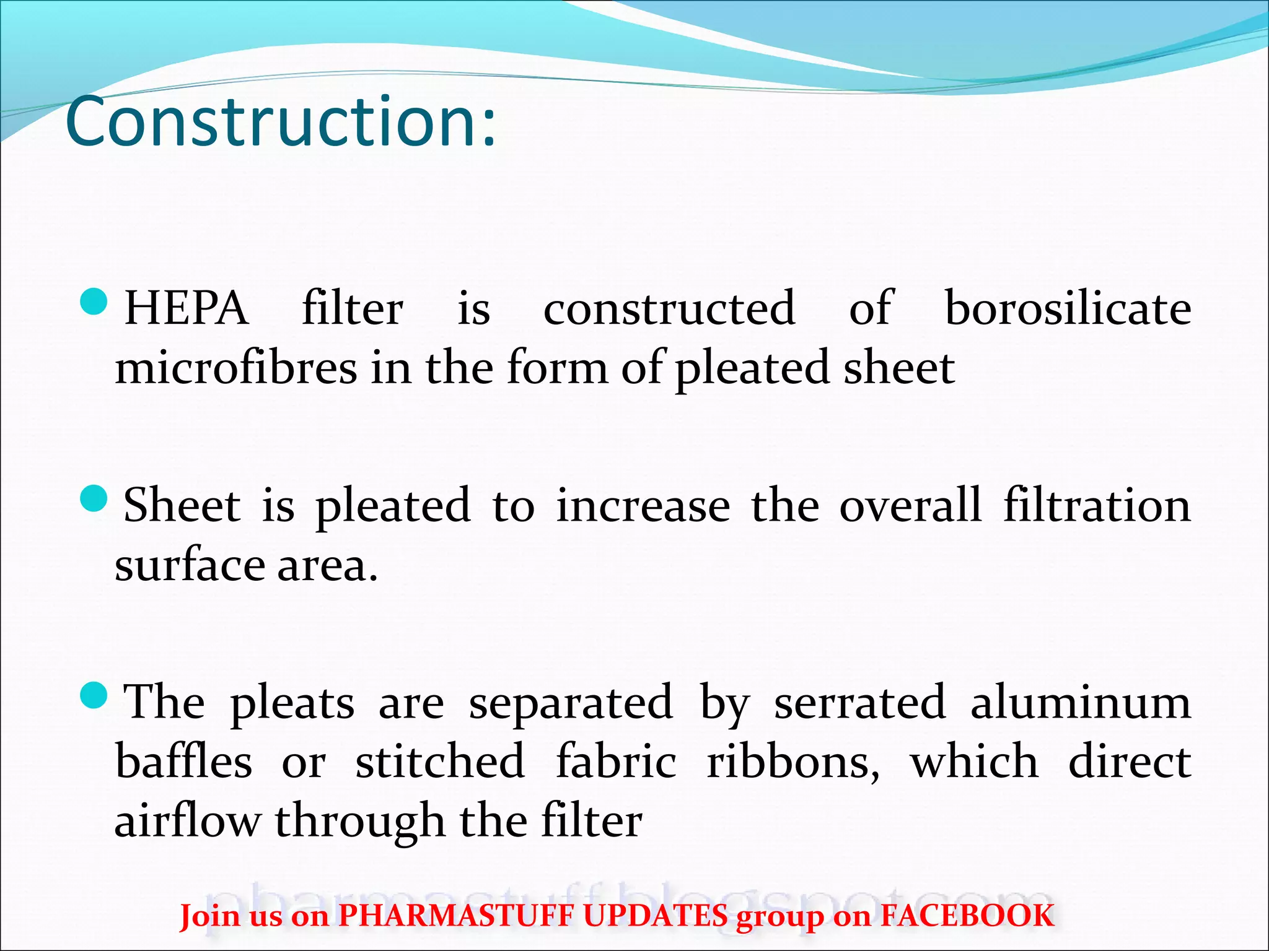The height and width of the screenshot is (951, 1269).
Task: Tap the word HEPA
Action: [x=187, y=308]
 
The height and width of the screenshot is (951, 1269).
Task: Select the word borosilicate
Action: [x=1067, y=308]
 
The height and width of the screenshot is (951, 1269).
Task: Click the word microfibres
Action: [x=236, y=368]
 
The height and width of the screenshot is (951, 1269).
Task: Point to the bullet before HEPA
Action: [x=94, y=302]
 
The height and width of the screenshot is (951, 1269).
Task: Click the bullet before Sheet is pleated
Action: [x=94, y=498]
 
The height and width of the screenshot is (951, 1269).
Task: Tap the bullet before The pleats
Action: [x=94, y=695]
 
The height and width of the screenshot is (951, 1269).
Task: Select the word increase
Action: [x=643, y=506]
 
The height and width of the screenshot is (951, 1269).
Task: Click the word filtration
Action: [x=1097, y=506]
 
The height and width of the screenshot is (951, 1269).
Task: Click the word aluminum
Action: [x=1080, y=703]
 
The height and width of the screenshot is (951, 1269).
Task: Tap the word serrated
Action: [x=859, y=703]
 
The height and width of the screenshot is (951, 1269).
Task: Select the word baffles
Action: [x=183, y=762]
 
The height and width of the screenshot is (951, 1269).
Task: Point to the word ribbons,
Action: [x=793, y=762]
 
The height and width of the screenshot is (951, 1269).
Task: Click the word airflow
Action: [x=187, y=821]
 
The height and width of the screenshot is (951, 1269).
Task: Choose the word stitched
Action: [x=440, y=762]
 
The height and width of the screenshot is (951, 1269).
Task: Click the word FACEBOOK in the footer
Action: [x=967, y=916]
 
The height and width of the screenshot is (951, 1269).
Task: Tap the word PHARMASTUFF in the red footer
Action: [x=456, y=916]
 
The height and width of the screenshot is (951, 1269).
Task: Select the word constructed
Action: [x=669, y=308]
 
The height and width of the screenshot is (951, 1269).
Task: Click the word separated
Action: [x=571, y=703]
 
